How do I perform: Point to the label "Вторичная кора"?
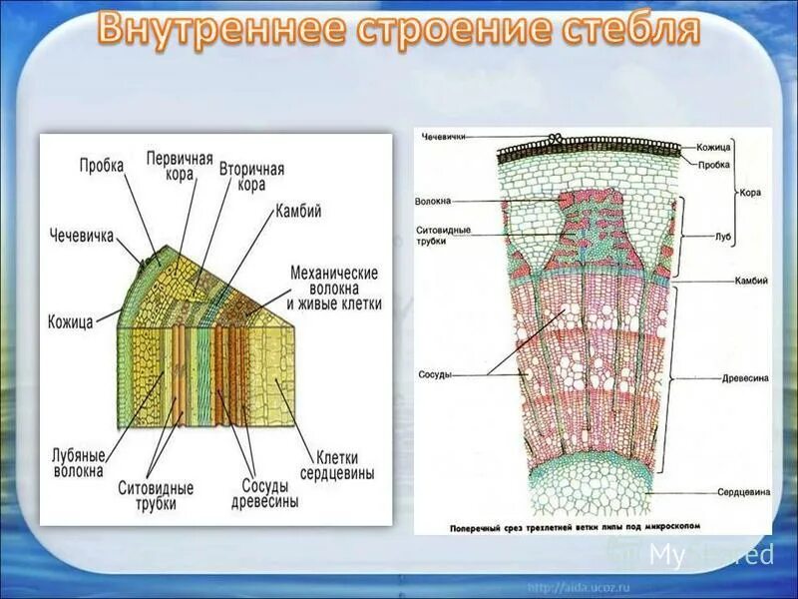[251, 177]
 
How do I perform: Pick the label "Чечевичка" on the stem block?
[82, 236]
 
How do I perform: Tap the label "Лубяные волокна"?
[78, 462]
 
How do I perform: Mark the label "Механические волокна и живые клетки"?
[334, 288]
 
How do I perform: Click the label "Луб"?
[723, 238]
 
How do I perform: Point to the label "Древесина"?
[742, 379]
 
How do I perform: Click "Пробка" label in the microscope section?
[713, 165]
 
